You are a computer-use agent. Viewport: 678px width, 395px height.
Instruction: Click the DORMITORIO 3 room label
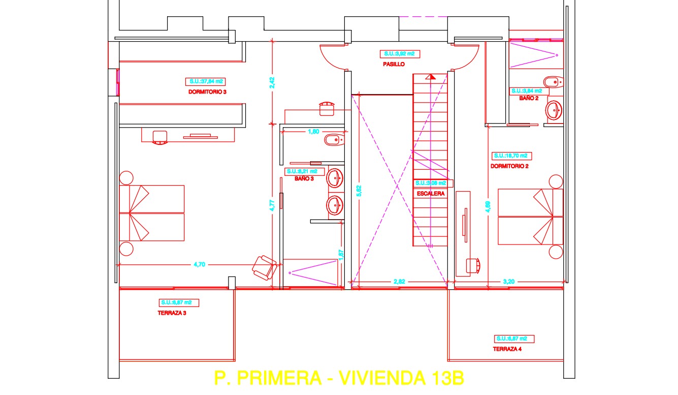207,92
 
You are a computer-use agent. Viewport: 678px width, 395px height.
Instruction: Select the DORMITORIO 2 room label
510,166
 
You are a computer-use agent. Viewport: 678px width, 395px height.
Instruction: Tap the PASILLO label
394,65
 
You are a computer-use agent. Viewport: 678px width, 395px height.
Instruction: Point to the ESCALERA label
431,194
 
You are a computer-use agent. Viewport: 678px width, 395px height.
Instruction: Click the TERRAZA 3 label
172,313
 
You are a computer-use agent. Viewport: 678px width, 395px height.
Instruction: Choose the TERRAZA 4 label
507,349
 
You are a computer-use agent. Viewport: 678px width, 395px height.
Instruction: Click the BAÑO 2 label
529,98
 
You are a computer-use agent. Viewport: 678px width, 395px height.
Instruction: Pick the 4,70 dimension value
200,264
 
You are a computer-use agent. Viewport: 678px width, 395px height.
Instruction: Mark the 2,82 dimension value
399,281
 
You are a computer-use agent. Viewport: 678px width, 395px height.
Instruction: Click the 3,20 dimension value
508,281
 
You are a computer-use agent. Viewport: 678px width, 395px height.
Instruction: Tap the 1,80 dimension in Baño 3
313,132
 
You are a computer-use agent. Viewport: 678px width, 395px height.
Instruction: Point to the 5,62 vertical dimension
359,190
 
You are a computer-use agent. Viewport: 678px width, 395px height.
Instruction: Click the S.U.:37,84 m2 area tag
207,81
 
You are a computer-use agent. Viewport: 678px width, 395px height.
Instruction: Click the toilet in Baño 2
552,81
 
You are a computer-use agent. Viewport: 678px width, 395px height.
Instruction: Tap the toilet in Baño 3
334,139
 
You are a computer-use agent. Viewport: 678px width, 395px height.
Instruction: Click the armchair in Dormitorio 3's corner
264,266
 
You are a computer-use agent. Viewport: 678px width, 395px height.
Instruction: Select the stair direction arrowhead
431,77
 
